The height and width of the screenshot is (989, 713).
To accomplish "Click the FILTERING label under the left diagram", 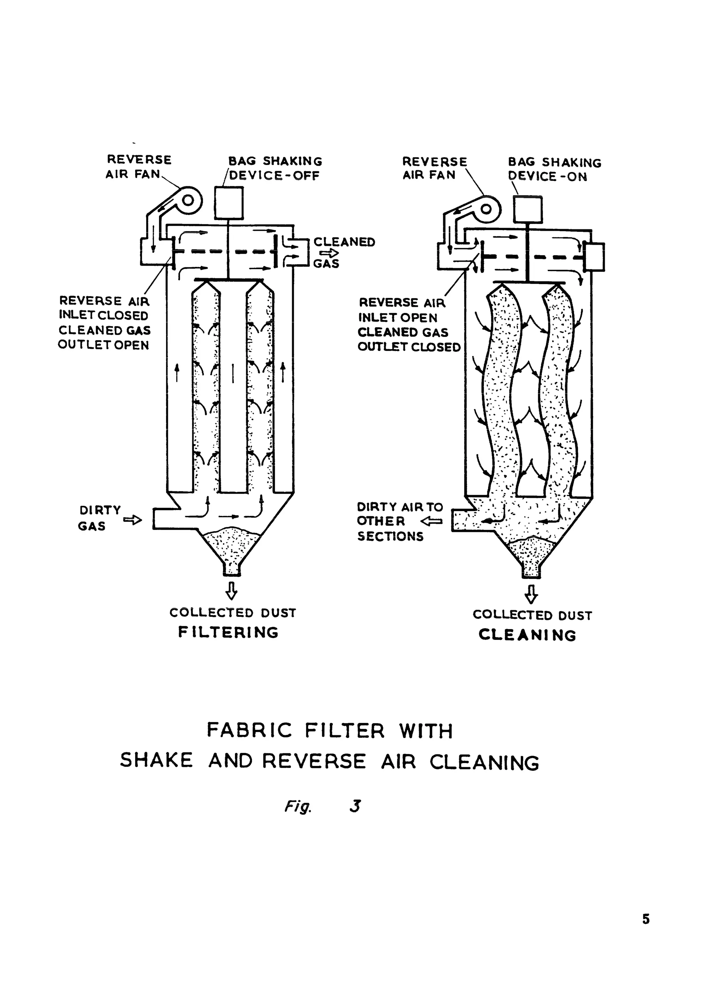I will (228, 632).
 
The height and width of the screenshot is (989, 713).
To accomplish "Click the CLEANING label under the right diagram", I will (527, 635).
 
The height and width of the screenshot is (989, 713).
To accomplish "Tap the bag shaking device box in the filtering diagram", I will (229, 203).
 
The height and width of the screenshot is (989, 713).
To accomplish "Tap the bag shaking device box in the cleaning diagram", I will (528, 210).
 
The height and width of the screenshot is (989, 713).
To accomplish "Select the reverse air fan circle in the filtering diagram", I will (188, 201).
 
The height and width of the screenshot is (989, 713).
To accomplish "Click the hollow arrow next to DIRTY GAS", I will (133, 520).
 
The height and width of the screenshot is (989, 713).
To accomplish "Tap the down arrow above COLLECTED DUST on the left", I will (232, 591).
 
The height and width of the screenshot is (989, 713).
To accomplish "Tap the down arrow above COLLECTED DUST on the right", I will (531, 594).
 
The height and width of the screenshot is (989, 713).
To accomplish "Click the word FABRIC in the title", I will (249, 730).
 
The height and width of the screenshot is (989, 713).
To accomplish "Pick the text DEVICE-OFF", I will (275, 176).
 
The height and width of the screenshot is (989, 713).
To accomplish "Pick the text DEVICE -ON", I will (548, 176).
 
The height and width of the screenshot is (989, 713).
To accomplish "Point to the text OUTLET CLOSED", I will (409, 347).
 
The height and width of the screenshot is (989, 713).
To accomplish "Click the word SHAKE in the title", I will (156, 761).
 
